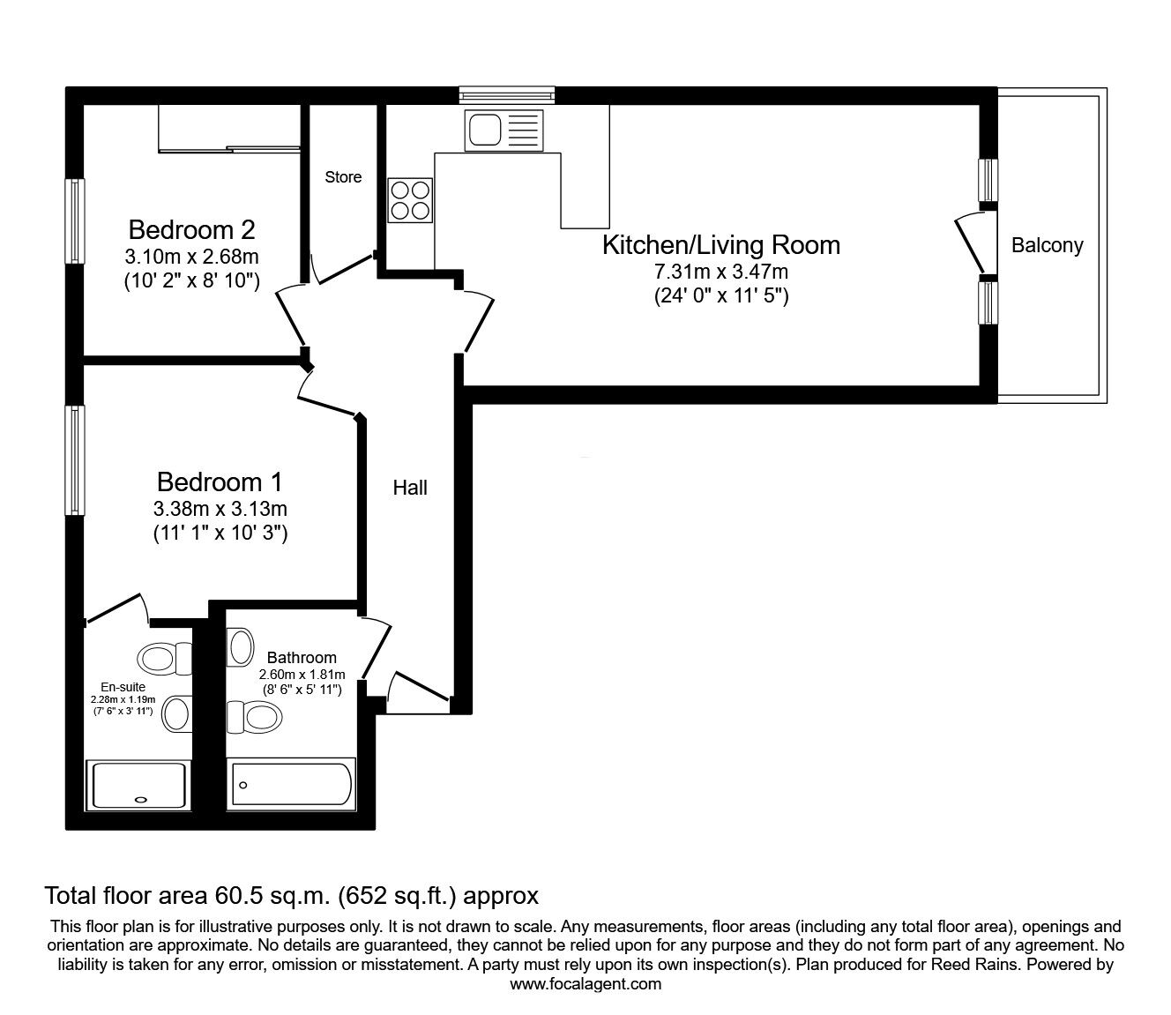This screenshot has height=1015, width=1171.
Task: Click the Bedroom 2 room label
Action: tap(191, 230)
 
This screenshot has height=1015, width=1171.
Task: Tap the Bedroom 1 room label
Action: tap(220, 482)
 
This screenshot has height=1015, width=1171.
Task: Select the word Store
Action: tap(343, 177)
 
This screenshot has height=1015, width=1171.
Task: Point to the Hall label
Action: tap(410, 488)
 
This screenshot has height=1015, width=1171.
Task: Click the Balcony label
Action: tap(1047, 245)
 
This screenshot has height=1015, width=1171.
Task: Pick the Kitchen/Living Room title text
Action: tap(720, 245)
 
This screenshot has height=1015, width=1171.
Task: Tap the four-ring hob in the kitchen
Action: tap(410, 200)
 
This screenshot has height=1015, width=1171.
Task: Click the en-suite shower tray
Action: tap(139, 784)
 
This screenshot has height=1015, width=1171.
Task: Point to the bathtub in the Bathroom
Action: tap(291, 784)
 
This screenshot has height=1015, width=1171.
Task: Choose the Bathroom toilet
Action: tap(256, 716)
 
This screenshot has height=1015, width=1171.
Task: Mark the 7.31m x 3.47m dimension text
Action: tap(720, 272)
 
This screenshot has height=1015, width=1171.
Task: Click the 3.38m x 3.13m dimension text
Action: tap(220, 509)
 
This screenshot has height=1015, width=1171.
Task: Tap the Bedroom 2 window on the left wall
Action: tap(77, 220)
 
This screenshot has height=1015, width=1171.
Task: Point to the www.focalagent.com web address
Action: tap(585, 984)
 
